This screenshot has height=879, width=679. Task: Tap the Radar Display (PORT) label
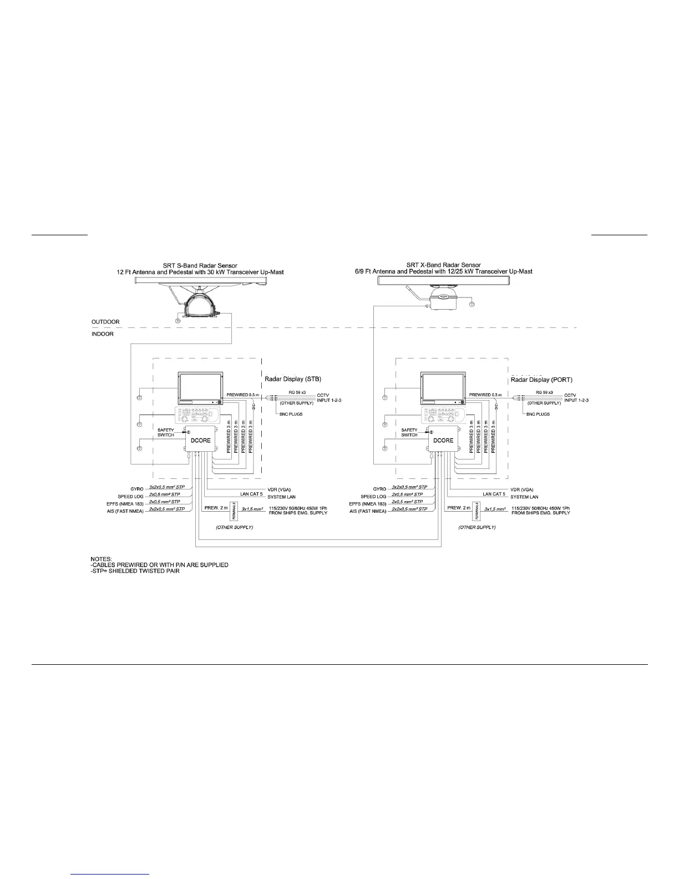tap(541, 380)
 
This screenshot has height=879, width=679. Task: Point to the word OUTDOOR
tap(105, 322)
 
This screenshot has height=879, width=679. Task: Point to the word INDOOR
tap(103, 334)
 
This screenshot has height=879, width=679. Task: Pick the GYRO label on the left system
tap(137, 489)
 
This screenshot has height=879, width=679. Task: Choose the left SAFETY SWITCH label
tap(165, 432)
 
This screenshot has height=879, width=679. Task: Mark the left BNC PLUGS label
tap(291, 414)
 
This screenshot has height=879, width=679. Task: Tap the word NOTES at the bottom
tap(102, 558)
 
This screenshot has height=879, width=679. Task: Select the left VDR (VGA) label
tap(279, 489)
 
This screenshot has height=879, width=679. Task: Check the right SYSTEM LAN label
tap(524, 497)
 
